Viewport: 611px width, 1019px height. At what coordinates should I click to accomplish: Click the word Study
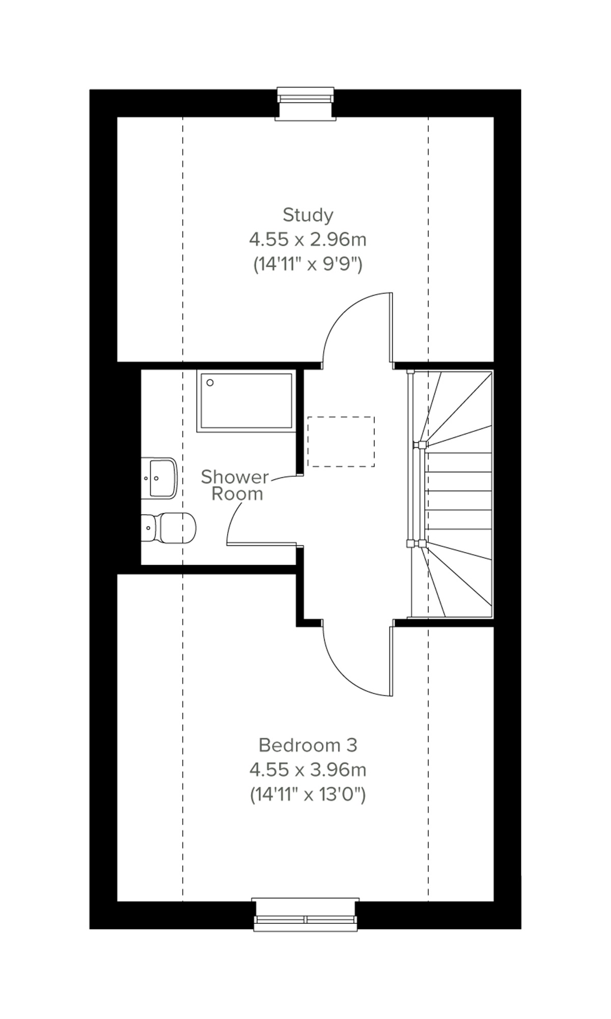tap(308, 215)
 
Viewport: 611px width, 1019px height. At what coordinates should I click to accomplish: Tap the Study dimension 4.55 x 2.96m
tap(308, 239)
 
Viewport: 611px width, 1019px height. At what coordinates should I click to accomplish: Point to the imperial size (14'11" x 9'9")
tap(308, 264)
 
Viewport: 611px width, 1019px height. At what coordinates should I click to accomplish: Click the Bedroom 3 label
tap(308, 745)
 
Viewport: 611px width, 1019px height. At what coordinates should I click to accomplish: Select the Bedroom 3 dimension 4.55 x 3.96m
tap(308, 770)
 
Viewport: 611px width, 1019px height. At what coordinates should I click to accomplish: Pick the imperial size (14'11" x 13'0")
tap(308, 794)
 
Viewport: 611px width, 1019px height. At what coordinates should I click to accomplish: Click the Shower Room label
tap(235, 485)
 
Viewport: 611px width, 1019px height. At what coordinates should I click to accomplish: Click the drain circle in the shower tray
tap(210, 383)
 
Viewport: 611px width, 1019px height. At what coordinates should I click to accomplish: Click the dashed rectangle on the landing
tap(341, 442)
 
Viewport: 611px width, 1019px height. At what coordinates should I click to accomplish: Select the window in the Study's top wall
tap(305, 102)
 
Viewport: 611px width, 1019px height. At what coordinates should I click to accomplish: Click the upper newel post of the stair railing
tap(420, 445)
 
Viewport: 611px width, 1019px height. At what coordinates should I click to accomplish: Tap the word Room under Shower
tap(237, 494)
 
